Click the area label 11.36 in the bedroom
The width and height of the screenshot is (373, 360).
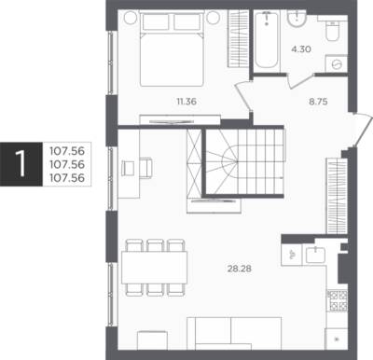[186, 102]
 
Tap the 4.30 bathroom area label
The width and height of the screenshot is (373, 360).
[301, 49]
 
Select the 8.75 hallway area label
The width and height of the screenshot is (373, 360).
[318, 102]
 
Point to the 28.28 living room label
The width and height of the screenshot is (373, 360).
[240, 269]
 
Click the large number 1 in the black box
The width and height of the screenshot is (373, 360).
[21, 164]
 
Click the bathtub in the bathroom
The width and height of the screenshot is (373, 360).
[267, 39]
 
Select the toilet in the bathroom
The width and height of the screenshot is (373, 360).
[332, 31]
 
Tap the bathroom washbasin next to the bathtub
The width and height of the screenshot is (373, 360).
[297, 20]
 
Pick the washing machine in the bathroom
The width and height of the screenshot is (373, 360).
[336, 64]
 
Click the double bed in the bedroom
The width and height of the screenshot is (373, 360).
[172, 48]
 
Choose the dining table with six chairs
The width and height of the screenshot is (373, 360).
[155, 268]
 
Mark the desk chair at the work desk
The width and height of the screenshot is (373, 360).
[145, 169]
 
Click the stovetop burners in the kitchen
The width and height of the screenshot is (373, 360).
[338, 300]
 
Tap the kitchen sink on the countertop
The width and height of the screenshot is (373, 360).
[315, 255]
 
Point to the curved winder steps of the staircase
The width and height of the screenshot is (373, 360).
[221, 161]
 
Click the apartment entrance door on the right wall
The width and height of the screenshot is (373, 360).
[362, 131]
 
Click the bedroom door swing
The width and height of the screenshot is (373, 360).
[244, 95]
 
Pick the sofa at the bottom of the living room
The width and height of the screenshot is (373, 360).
[234, 333]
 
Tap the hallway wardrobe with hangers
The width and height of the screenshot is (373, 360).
[337, 196]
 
